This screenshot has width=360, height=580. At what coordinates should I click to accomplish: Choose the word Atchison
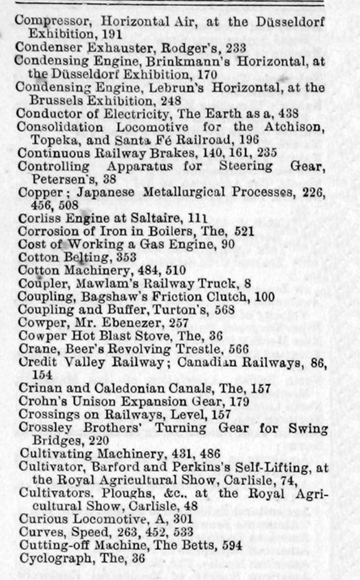coord(293,127)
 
